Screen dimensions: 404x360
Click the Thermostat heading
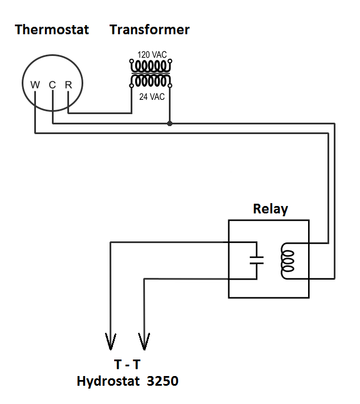click(52, 30)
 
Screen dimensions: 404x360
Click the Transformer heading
click(149, 30)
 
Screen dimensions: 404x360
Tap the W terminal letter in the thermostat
click(35, 85)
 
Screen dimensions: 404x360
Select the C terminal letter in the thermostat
click(52, 85)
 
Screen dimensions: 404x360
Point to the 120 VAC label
click(152, 55)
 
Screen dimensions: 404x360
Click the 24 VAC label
click(152, 97)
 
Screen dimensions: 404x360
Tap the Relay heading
click(270, 209)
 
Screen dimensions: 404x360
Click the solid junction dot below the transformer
click(169, 123)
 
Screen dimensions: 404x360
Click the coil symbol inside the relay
click(288, 260)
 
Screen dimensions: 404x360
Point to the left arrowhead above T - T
click(110, 341)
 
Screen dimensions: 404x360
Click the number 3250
click(162, 381)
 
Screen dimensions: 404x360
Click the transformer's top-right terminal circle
click(170, 61)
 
